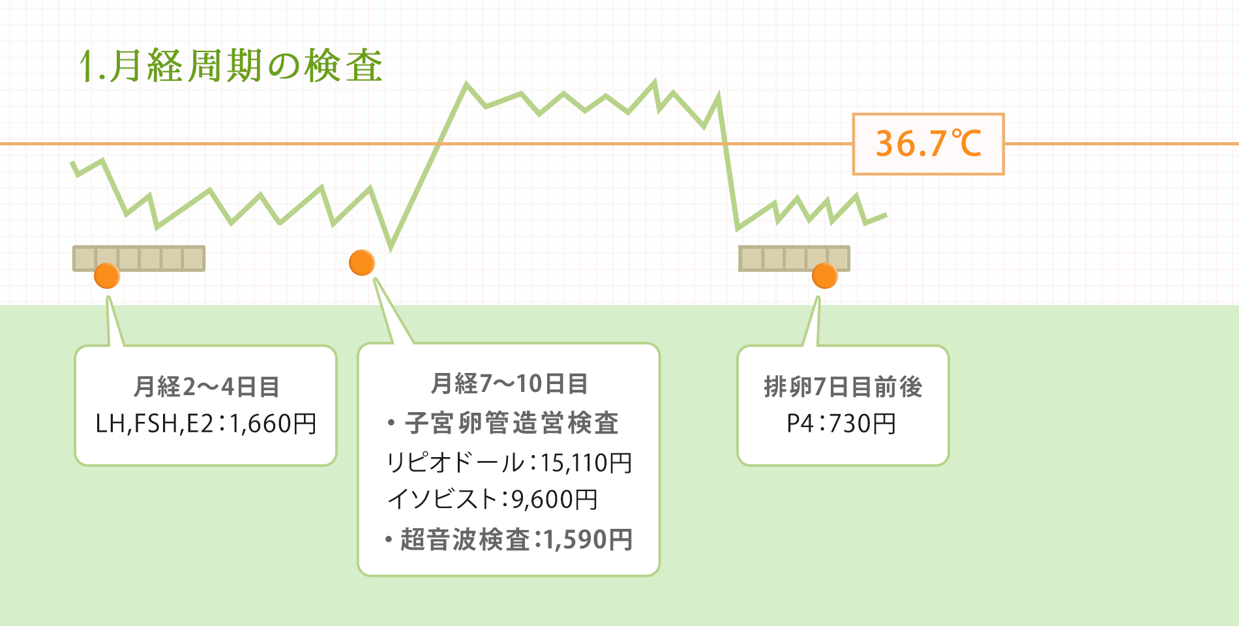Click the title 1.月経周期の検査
click(x=231, y=67)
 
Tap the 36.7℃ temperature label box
click(x=928, y=144)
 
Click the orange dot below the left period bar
click(x=107, y=276)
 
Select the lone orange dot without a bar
click(x=362, y=263)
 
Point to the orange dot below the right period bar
click(x=825, y=276)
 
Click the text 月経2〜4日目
click(x=206, y=387)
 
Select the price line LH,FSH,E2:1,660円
click(x=206, y=424)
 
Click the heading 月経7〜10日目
click(x=509, y=383)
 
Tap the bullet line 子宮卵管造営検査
click(x=503, y=423)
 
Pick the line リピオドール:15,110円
click(x=509, y=463)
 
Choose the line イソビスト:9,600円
click(x=492, y=499)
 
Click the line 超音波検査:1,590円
click(x=509, y=540)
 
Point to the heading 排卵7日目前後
click(x=843, y=387)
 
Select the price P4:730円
click(x=841, y=424)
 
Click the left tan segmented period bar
click(x=139, y=258)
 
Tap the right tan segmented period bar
click(x=794, y=258)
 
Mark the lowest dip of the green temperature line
click(x=391, y=248)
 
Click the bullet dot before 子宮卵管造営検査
click(x=391, y=423)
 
